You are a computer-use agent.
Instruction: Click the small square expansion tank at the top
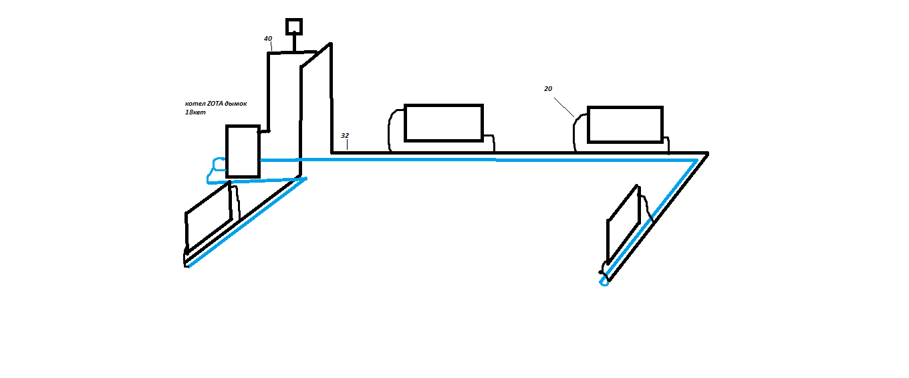pos(294,27)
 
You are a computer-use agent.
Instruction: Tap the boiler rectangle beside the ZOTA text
pos(243,151)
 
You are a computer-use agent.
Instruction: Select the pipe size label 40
pos(268,39)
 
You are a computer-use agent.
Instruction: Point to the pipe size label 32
pos(345,135)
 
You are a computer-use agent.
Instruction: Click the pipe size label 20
pos(548,88)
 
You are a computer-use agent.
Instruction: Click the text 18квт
pos(194,113)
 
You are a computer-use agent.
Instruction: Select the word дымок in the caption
pos(237,104)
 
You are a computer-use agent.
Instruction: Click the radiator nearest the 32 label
pos(443,123)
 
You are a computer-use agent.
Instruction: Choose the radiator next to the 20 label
pos(625,124)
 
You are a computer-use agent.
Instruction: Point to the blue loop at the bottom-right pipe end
pos(604,281)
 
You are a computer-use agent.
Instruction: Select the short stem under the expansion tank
pos(294,43)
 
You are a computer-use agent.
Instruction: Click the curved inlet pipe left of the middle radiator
pos(392,130)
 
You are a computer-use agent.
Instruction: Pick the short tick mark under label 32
pos(347,145)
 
